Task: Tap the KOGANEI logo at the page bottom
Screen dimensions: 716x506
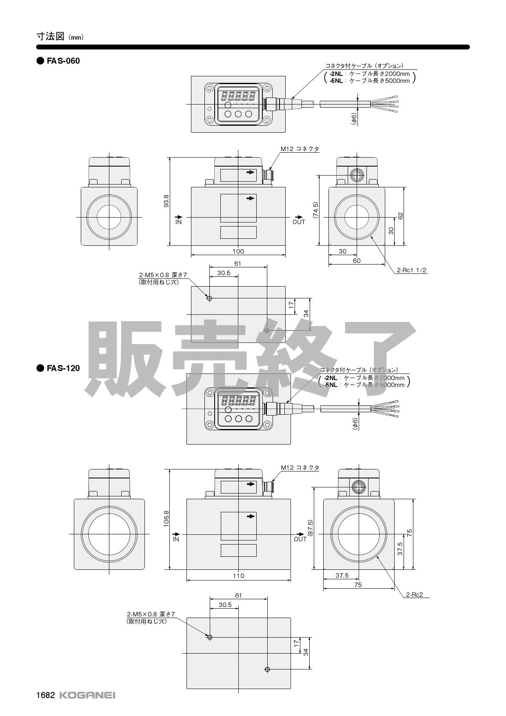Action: click(x=87, y=695)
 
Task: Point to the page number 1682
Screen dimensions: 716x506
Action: click(x=45, y=695)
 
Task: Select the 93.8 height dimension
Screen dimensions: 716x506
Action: click(x=166, y=201)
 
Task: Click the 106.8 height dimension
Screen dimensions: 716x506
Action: click(x=166, y=519)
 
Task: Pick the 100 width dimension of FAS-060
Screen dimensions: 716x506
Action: click(x=238, y=251)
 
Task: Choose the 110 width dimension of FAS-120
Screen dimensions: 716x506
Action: click(x=238, y=576)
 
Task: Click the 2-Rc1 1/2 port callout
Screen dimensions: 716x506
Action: click(x=412, y=270)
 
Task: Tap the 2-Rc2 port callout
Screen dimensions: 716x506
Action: click(x=414, y=595)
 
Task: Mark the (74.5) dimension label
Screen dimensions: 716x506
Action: click(x=315, y=210)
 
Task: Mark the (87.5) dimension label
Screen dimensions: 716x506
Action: click(x=310, y=528)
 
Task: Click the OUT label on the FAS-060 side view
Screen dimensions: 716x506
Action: click(x=299, y=222)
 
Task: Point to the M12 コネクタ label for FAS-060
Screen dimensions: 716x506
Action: click(x=300, y=149)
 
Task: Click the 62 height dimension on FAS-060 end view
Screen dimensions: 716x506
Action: click(x=401, y=216)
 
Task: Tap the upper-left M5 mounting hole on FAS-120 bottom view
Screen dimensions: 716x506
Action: click(x=210, y=637)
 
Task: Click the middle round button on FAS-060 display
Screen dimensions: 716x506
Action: click(x=238, y=114)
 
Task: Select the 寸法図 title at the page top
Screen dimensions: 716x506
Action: click(x=51, y=36)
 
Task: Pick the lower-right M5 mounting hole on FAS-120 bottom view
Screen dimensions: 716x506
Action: click(x=267, y=669)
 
